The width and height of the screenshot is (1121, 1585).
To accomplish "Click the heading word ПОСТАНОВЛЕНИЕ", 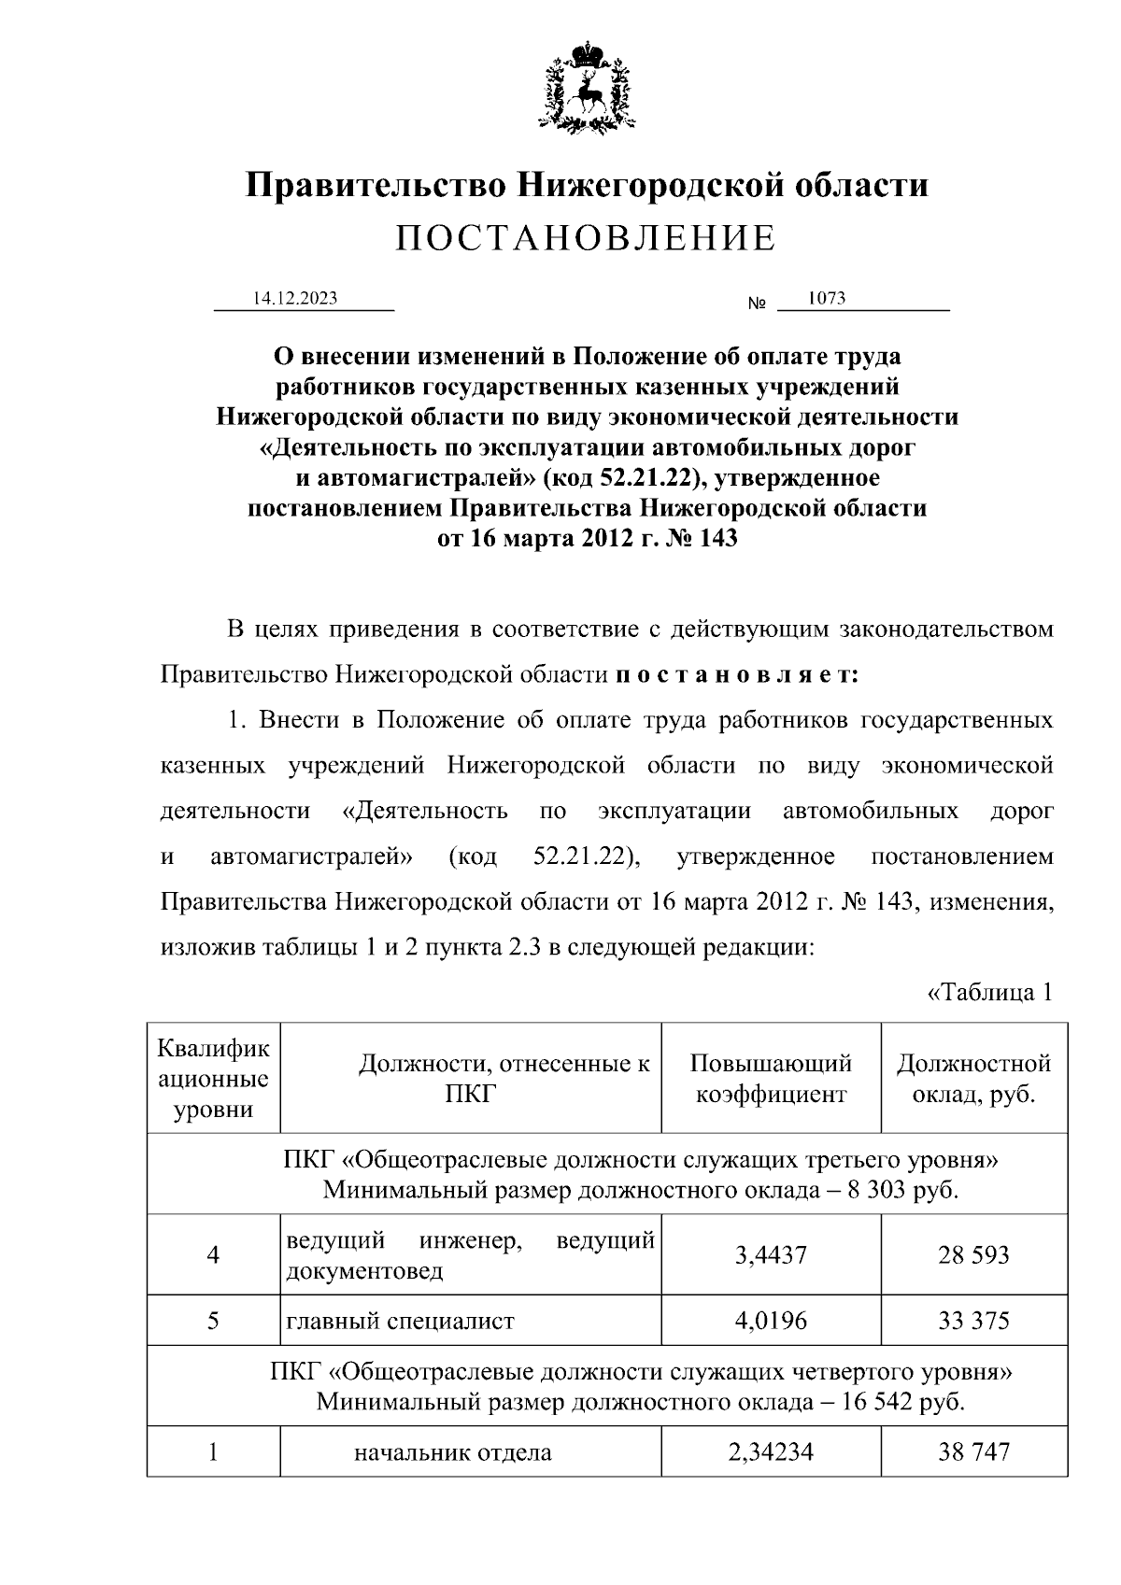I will (x=586, y=239).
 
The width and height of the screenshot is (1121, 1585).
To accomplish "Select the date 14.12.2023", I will (x=295, y=299).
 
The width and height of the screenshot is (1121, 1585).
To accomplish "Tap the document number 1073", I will (x=827, y=299).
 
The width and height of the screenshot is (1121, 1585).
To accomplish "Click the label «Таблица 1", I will (x=990, y=992).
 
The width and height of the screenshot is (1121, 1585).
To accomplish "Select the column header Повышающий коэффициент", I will (x=771, y=1078).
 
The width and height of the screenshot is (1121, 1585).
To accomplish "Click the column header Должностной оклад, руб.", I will (x=973, y=1078).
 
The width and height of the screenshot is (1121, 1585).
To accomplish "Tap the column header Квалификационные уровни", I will (x=214, y=1078).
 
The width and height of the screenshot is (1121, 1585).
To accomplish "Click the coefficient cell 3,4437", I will (x=771, y=1254).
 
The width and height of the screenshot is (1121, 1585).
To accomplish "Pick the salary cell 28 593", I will (x=973, y=1254).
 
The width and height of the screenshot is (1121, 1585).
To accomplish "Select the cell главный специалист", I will (x=400, y=1321).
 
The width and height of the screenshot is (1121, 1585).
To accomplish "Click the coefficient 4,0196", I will (x=771, y=1321).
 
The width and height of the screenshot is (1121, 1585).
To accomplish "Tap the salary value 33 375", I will (x=973, y=1321).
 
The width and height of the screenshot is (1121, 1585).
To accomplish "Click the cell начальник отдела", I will (x=452, y=1452).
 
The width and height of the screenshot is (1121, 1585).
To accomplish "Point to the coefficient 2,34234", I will (x=771, y=1452).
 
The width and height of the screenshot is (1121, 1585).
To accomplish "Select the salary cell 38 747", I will (x=973, y=1452).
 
